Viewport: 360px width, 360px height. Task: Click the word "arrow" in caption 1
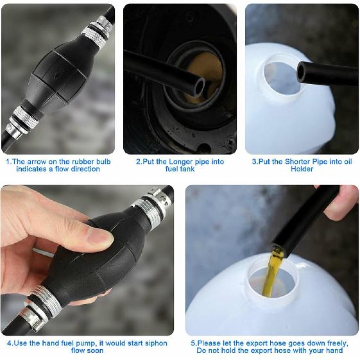tap(37, 162)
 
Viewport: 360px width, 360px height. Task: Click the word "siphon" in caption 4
tap(155, 343)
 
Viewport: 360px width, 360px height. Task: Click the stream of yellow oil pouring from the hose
tap(272, 272)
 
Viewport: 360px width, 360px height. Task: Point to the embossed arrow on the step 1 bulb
tap(59, 74)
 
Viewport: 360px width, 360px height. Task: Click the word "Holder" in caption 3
tap(302, 169)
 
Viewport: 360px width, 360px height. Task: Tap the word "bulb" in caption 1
tap(103, 162)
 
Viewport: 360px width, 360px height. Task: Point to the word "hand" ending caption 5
tap(335, 350)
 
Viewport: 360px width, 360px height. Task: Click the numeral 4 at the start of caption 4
tap(9, 343)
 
